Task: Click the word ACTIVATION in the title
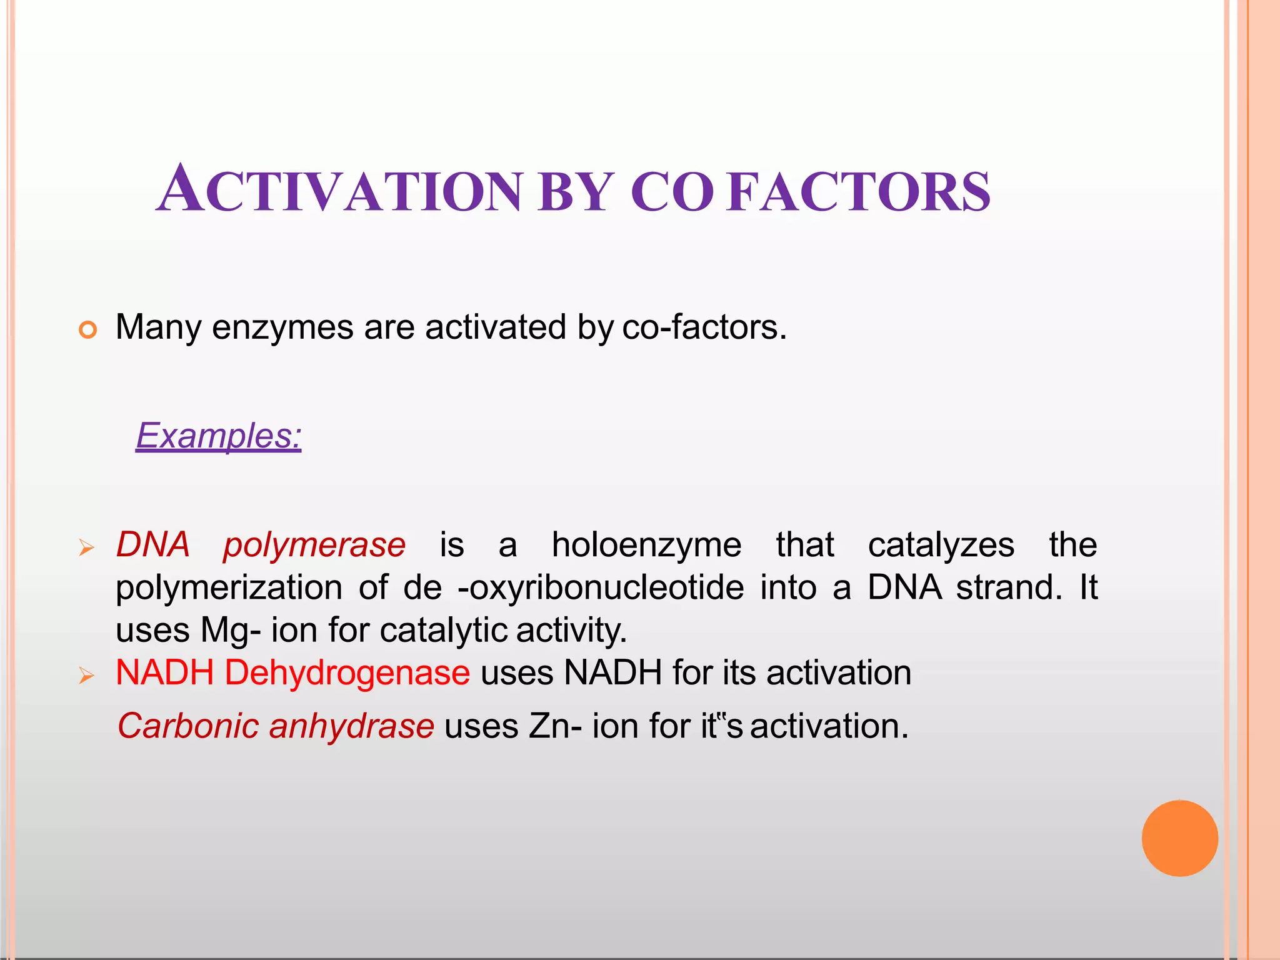pos(339,190)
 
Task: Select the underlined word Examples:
pos(219,436)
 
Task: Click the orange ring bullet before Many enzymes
pos(88,329)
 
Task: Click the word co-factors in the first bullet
pos(704,327)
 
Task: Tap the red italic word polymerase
pos(314,544)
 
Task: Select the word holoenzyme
pos(646,544)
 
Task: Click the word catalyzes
pos(941,544)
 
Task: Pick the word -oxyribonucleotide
pos(601,587)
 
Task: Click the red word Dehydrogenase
pos(347,673)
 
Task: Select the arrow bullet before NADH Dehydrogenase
pos(86,676)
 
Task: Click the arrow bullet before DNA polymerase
pos(86,549)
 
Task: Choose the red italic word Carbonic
pos(188,726)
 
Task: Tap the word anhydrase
pos(351,726)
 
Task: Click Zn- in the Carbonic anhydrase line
pos(556,726)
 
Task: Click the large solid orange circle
pos(1179,838)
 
